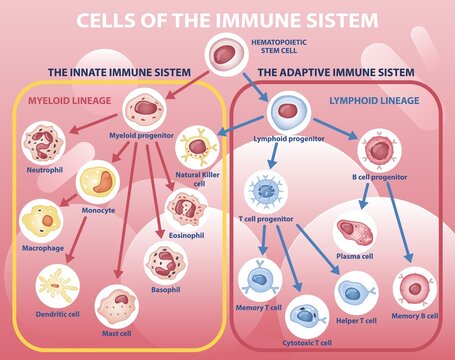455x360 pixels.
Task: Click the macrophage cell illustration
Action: point(42,222)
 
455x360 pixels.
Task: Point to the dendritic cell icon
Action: point(57,284)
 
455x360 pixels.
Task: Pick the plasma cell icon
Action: point(355,233)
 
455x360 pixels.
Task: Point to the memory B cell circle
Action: point(411,288)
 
